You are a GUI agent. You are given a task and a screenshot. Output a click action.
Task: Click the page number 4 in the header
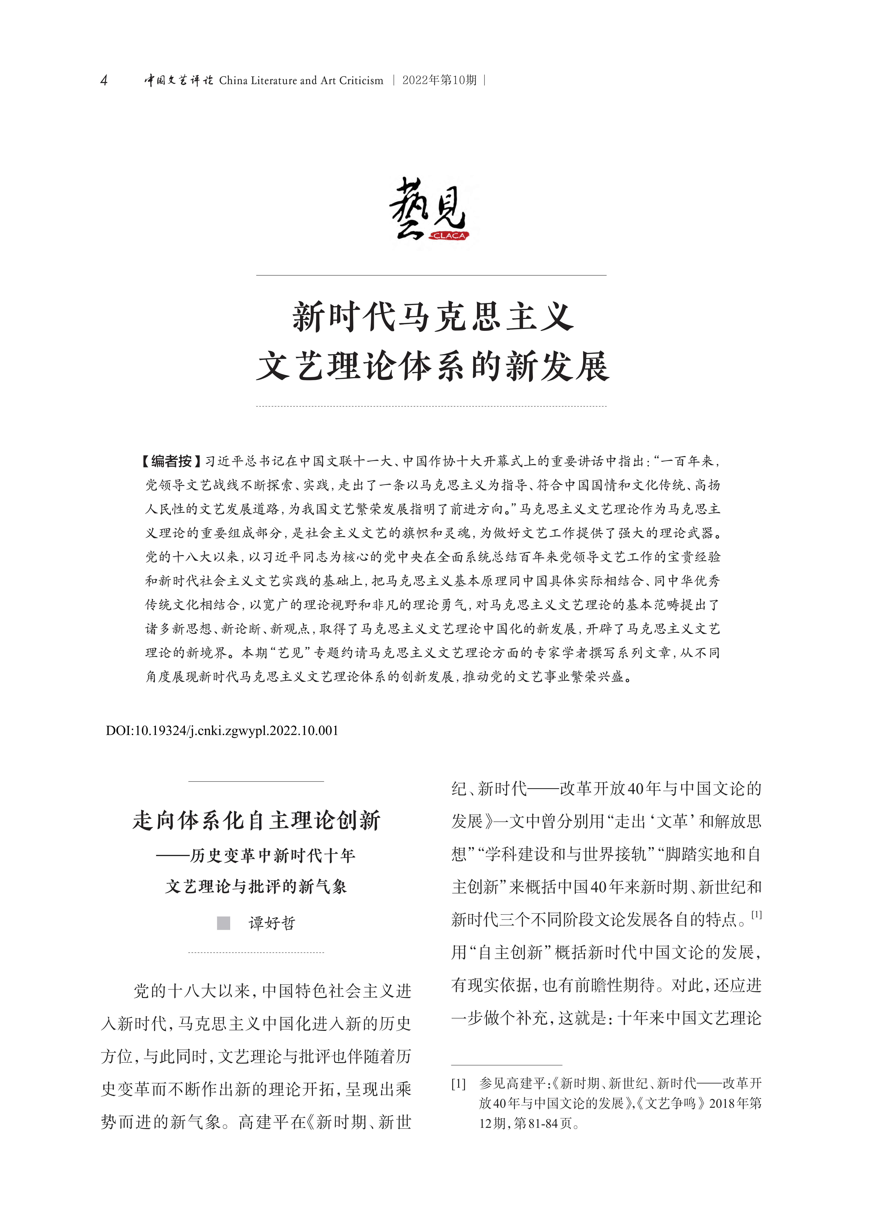[104, 81]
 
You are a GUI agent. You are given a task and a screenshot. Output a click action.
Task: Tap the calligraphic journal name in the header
[178, 81]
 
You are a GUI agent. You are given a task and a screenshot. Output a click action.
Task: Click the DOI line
[222, 731]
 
